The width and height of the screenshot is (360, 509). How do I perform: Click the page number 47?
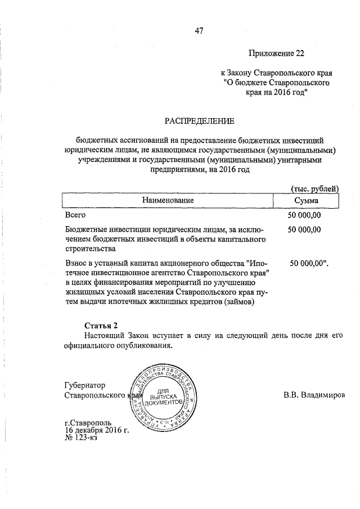coord(199,31)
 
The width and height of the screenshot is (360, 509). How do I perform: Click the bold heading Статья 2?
coord(101,326)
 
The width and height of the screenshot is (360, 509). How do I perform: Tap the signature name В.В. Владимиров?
coord(314,395)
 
